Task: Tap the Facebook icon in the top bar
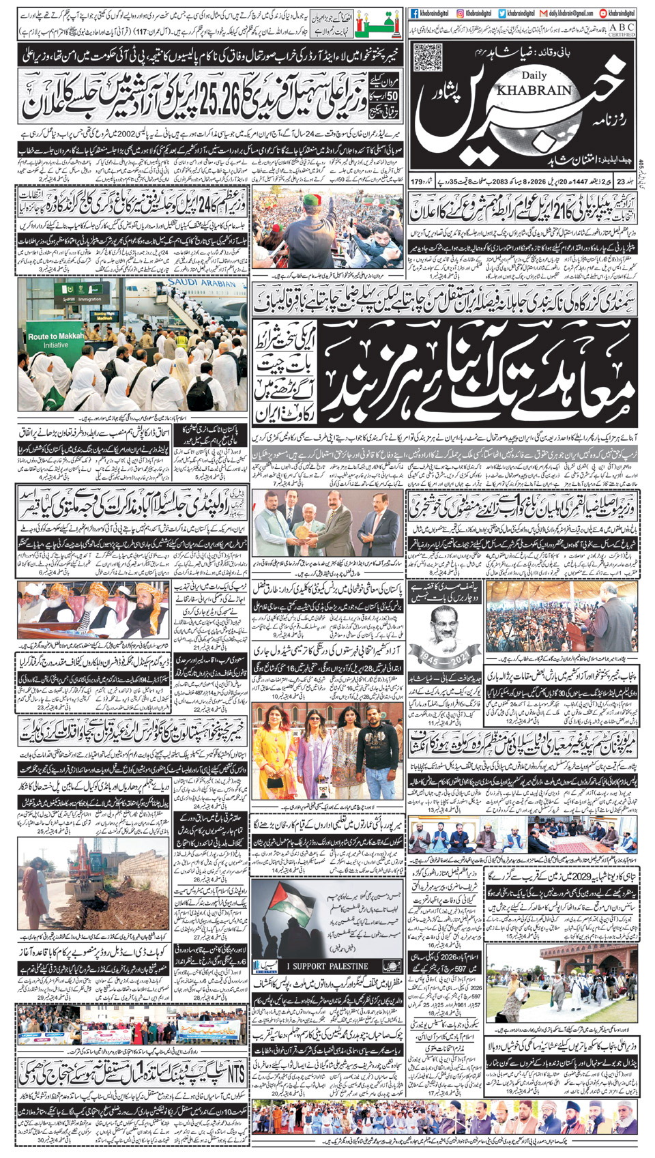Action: [x=414, y=13]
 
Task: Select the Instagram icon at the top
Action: [x=461, y=13]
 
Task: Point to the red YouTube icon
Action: [x=603, y=13]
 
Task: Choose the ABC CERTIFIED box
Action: [x=621, y=29]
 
